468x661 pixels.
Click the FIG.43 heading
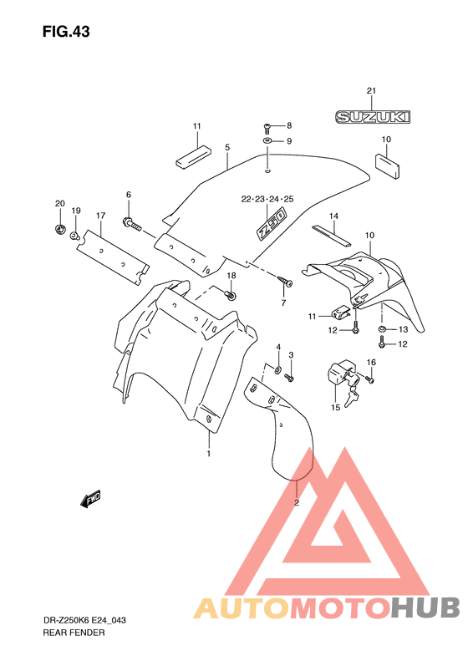[66, 32]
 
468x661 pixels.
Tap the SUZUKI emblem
[373, 117]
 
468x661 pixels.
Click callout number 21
[371, 90]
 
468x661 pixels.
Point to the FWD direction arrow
[90, 499]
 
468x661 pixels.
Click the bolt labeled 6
[133, 224]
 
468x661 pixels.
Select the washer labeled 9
[267, 140]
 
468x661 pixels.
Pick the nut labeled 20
[60, 229]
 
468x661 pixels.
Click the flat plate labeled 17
[113, 257]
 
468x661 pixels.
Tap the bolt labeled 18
[231, 294]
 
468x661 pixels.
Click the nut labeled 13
[382, 328]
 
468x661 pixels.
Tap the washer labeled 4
[278, 369]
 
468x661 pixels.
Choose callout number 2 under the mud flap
[297, 502]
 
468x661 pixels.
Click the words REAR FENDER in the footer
[74, 633]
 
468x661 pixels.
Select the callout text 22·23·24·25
[267, 199]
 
